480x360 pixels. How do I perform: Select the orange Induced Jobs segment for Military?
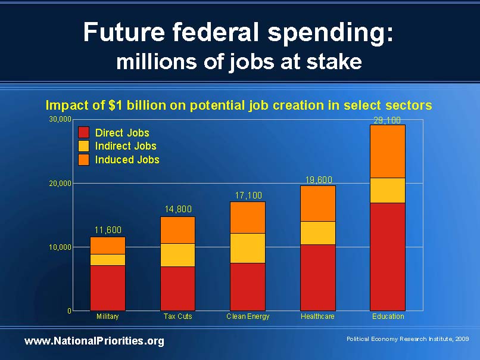pos(107,245)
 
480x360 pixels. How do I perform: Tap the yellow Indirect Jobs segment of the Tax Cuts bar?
pos(177,255)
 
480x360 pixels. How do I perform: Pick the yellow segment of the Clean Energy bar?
pos(247,247)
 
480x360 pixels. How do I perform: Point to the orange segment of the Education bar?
pos(388,151)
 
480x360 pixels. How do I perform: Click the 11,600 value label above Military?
pos(108,229)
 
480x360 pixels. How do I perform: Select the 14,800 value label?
pos(178,209)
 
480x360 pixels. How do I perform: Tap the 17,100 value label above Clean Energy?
pos(248,195)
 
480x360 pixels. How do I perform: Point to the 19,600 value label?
pos(318,179)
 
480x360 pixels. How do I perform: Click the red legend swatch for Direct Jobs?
pos(84,133)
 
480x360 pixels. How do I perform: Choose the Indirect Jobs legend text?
pos(126,146)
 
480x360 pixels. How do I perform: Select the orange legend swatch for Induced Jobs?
pos(84,160)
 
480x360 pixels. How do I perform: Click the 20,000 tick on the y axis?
pos(60,184)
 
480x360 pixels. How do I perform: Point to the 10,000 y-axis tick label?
pos(60,247)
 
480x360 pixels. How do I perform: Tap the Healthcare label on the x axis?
pos(317,316)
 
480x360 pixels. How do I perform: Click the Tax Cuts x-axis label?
pos(177,316)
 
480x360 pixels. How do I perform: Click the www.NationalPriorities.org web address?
pos(94,341)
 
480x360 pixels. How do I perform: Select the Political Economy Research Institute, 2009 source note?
pos(407,339)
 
